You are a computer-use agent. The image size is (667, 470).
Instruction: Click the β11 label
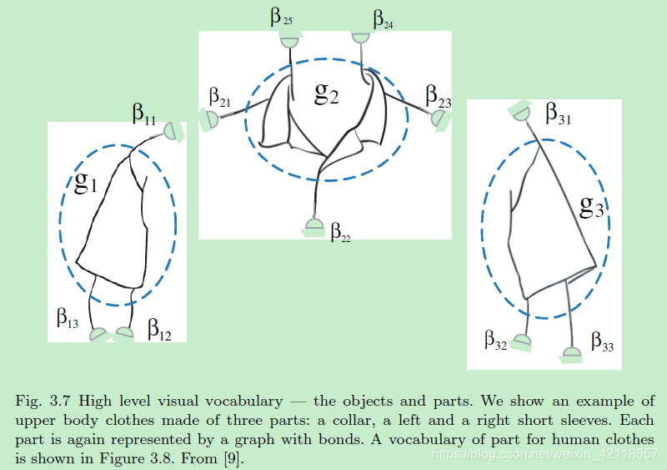[144, 114]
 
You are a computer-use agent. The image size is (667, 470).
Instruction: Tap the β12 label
[159, 331]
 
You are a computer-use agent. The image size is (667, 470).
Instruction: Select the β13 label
[68, 318]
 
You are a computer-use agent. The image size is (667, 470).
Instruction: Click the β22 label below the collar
[340, 232]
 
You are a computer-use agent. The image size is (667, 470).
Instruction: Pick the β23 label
[439, 96]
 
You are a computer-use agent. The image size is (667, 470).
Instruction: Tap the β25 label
[281, 17]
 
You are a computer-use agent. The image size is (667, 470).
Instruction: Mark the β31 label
[559, 114]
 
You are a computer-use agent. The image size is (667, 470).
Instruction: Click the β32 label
[495, 341]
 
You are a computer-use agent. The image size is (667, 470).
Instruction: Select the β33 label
[602, 341]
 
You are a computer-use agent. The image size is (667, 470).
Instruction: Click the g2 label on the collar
[326, 93]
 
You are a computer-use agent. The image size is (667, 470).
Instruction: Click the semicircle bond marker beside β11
[173, 131]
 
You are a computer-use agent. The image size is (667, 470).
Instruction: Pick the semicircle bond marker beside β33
[572, 354]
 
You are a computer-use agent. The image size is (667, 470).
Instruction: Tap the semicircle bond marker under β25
[289, 41]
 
